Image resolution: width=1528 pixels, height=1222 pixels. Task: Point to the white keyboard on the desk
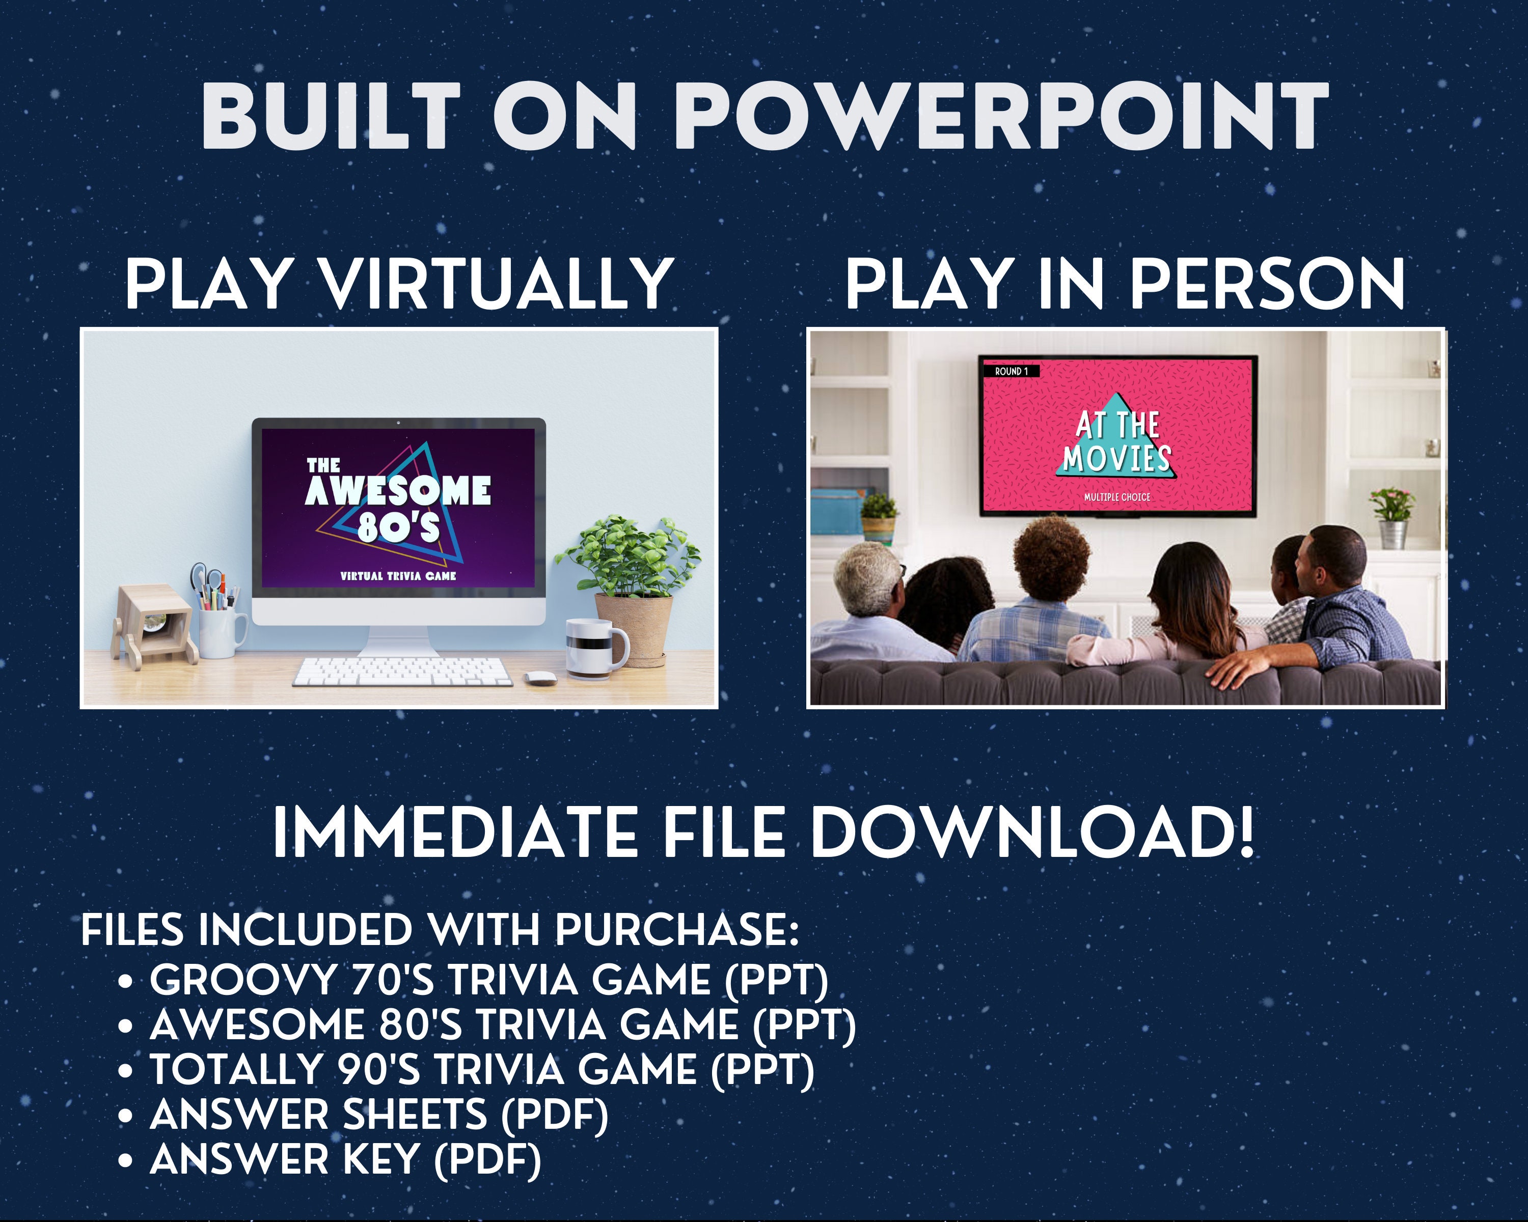[x=402, y=671]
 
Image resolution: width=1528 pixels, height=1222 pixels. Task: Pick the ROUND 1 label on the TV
[x=1012, y=371]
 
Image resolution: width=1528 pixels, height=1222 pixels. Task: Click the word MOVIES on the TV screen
[x=1116, y=458]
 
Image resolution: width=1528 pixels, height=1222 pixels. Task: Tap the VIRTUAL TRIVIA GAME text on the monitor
[x=398, y=576]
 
